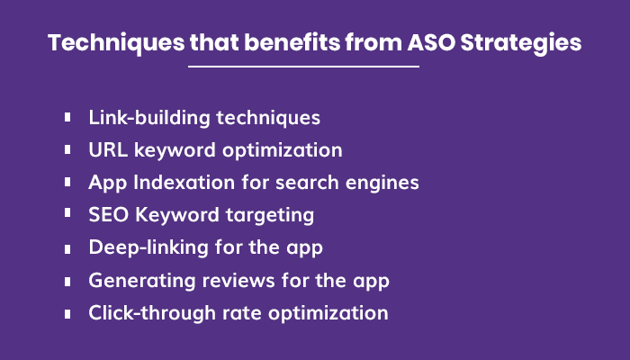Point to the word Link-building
click(x=145, y=118)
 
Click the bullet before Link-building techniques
click(x=68, y=118)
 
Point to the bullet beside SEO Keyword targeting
click(x=68, y=215)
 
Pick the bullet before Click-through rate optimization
click(x=68, y=313)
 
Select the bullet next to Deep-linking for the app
click(x=68, y=247)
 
